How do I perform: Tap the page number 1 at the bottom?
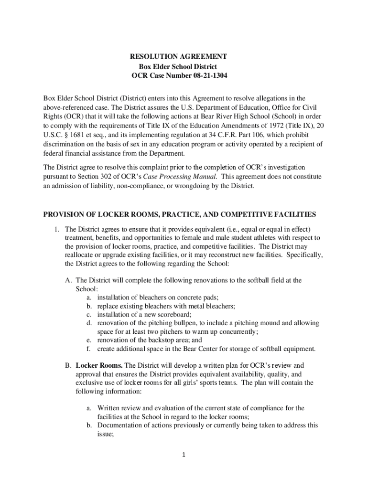point(184,454)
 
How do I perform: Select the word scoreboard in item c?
point(174,314)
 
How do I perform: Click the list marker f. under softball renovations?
point(89,349)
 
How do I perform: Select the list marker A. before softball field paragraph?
point(69,280)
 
